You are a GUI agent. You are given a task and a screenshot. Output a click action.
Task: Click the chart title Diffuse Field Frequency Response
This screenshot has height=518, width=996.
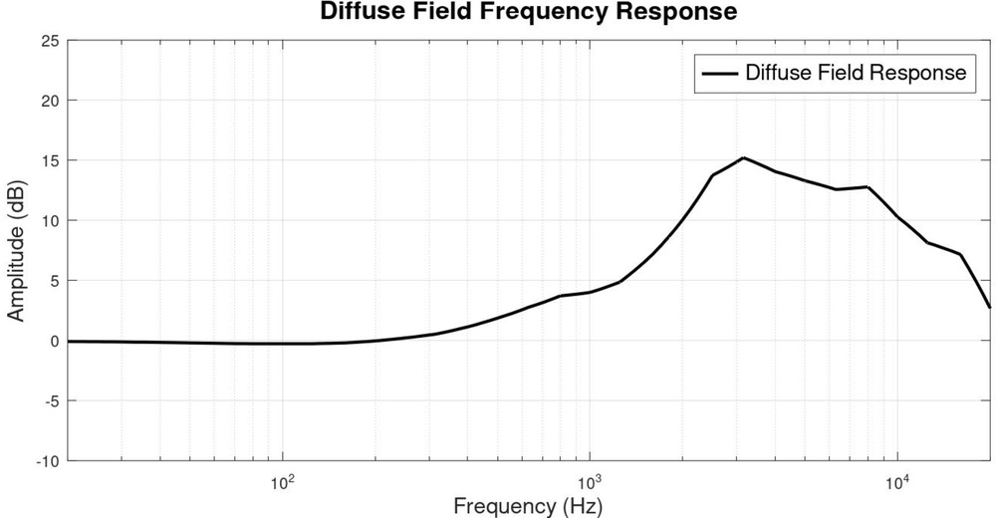point(528,12)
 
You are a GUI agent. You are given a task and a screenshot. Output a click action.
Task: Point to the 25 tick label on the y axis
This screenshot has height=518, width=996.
point(49,41)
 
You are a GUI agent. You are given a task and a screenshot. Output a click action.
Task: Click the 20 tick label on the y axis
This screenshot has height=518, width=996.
point(49,101)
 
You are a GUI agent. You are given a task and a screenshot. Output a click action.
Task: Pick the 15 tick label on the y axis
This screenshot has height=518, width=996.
point(49,160)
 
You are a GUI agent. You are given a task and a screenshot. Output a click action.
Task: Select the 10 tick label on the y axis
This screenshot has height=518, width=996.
point(49,220)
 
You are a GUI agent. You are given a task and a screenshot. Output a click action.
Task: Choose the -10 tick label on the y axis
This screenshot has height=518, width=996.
point(47,460)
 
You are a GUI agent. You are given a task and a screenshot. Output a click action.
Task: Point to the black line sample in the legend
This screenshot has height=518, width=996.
point(719,73)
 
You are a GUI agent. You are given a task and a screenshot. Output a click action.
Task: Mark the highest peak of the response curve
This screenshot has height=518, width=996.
point(743,157)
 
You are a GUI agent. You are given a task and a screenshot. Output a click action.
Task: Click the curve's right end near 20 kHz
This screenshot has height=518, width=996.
point(989,307)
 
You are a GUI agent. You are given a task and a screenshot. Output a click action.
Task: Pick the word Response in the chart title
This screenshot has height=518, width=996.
point(683,12)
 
